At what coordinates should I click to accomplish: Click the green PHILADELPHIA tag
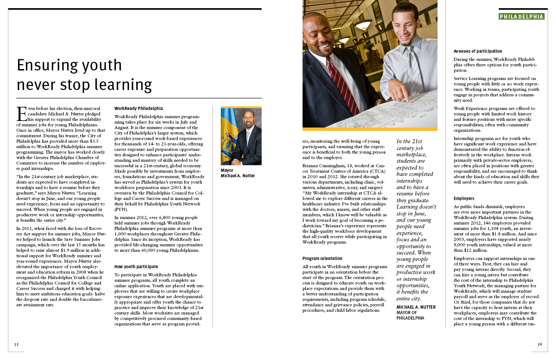pyautogui.click(x=521, y=16)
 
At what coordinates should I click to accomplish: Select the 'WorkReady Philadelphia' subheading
pyautogui.click(x=138, y=109)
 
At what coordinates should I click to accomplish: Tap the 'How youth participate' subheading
pyautogui.click(x=136, y=266)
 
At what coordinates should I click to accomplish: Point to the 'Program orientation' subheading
pyautogui.click(x=322, y=259)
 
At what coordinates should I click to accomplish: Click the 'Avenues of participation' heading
pyautogui.click(x=477, y=51)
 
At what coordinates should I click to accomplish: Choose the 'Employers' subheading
pyautogui.click(x=464, y=199)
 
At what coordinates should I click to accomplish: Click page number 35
pyautogui.click(x=16, y=344)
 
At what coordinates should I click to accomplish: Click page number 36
pyautogui.click(x=540, y=344)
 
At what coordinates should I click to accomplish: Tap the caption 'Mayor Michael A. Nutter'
pyautogui.click(x=238, y=173)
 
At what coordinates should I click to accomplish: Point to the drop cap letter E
pyautogui.click(x=20, y=112)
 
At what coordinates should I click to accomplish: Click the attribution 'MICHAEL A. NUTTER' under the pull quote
pyautogui.click(x=416, y=307)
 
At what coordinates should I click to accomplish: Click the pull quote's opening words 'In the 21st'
pyautogui.click(x=410, y=141)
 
